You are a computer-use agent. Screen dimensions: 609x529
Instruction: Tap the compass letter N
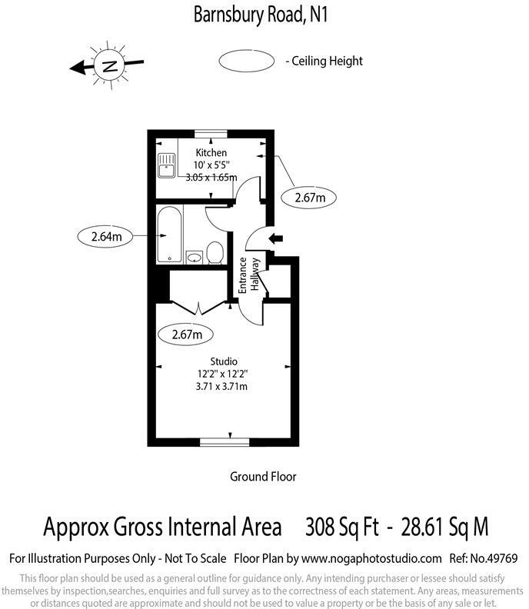109,65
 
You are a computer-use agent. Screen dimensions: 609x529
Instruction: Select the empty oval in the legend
246,61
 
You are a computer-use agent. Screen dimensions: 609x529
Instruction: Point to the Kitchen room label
211,153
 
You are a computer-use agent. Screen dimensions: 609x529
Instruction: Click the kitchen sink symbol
165,165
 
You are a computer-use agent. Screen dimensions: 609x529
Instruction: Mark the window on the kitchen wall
211,132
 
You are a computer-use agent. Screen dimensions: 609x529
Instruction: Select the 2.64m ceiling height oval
106,237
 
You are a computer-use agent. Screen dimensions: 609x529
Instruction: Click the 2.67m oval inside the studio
185,334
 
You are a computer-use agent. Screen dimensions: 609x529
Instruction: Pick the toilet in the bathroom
215,251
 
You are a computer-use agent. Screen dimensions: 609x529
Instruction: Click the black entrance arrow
274,239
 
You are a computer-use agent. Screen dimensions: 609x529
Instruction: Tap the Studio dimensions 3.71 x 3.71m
223,386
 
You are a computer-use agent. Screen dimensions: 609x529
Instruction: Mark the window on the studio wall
224,441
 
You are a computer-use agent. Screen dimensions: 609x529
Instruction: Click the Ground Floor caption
263,477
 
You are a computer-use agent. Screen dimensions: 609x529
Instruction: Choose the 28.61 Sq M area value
441,527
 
